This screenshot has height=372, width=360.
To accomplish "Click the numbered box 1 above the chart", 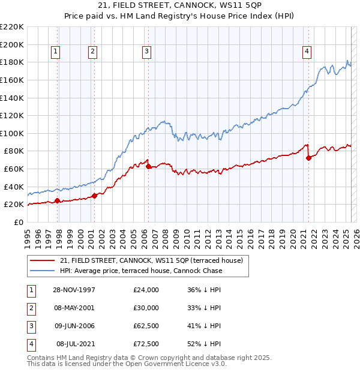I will [55, 52].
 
